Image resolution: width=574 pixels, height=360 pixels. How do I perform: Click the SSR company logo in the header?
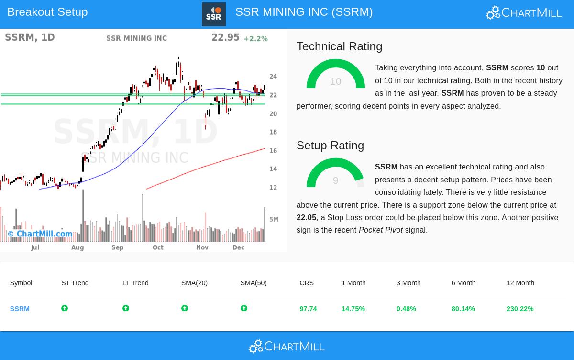[x=213, y=14]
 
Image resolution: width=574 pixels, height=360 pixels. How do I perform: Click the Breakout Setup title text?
[x=47, y=12]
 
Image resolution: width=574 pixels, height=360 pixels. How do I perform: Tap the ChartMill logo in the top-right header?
[x=524, y=13]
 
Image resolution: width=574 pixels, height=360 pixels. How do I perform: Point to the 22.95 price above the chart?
[x=225, y=38]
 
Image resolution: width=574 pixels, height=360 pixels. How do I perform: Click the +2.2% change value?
[x=255, y=39]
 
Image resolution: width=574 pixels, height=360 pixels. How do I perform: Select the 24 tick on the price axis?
[x=273, y=77]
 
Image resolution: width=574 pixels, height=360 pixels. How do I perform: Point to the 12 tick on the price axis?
[x=273, y=188]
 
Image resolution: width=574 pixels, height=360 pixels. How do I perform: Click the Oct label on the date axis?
[x=158, y=247]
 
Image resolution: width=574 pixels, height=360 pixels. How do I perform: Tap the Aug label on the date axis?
[x=77, y=247]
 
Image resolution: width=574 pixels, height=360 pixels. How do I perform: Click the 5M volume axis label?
[x=274, y=220]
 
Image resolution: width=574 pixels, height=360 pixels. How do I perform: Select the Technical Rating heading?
[x=339, y=46]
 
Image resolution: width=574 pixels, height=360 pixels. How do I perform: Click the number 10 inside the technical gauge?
[x=335, y=82]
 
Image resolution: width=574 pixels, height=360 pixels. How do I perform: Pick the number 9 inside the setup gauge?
[x=335, y=180]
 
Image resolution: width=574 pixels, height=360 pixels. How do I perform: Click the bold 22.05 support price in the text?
[x=306, y=218]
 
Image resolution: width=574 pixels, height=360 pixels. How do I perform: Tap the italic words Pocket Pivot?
[x=380, y=230]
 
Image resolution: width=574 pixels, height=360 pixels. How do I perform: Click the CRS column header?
[x=307, y=283]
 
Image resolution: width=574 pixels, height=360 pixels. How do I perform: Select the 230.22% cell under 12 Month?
[x=519, y=309]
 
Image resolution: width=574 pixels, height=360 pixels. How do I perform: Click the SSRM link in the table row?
[x=20, y=309]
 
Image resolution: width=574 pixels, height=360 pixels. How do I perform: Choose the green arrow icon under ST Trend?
[x=65, y=308]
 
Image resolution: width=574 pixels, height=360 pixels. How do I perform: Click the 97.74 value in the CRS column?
[x=308, y=309]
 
